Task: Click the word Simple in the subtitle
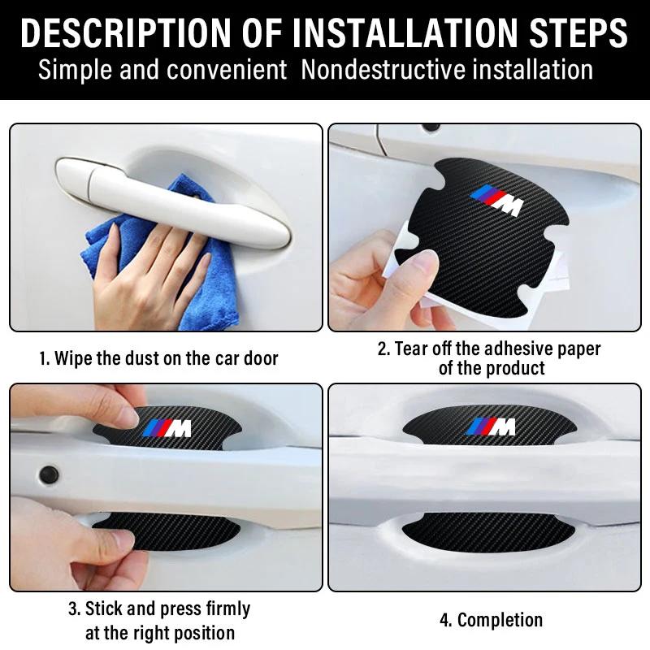pos(77,70)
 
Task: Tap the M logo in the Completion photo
pos(492,426)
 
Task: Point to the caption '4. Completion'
pos(491,620)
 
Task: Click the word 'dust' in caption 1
pos(151,358)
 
